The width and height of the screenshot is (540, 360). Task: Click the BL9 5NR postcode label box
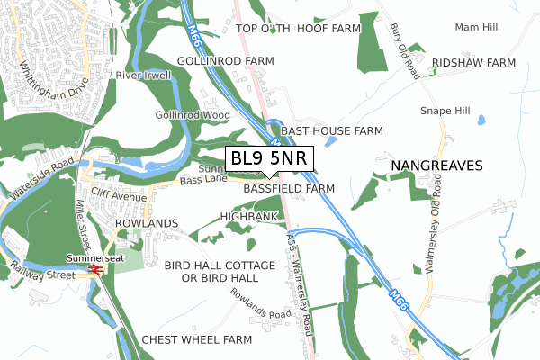tap(268, 159)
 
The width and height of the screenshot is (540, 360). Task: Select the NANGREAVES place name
tap(437, 166)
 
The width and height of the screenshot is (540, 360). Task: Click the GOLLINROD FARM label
tap(225, 60)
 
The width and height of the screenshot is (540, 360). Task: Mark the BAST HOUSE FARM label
tap(332, 130)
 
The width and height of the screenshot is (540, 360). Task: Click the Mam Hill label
tap(476, 28)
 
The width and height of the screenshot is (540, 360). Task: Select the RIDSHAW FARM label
tap(473, 63)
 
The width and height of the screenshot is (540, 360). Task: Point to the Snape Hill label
tap(445, 111)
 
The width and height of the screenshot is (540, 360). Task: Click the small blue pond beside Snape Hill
tap(480, 119)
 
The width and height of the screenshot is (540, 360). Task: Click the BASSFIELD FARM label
tap(289, 189)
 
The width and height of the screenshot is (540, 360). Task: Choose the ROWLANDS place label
tap(147, 222)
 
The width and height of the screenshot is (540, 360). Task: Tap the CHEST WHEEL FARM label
tap(197, 339)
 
